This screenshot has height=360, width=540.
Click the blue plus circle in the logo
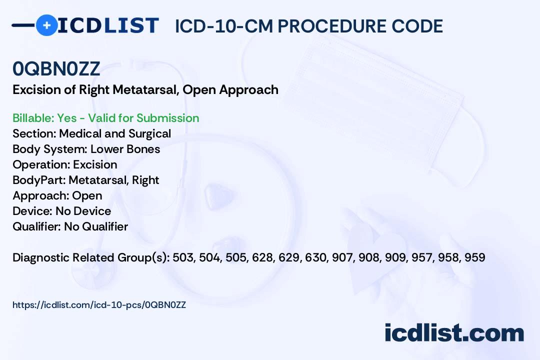46,25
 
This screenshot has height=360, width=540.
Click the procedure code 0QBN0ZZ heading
56,69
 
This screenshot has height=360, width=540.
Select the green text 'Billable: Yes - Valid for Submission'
105,118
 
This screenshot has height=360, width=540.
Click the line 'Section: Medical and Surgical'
91,133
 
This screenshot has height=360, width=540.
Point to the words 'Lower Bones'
125,149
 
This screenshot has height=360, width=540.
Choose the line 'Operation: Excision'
64,164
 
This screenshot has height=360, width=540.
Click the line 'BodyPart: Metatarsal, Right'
86,180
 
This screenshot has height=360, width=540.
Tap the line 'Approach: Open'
57,195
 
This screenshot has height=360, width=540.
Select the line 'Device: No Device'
61,211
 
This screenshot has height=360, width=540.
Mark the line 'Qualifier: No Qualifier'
70,226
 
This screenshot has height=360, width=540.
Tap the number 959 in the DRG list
475,257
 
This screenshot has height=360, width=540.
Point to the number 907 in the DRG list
342,257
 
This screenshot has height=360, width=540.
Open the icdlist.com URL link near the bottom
99,305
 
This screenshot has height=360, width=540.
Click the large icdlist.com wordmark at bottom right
454,333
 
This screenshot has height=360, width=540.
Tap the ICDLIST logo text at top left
108,25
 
